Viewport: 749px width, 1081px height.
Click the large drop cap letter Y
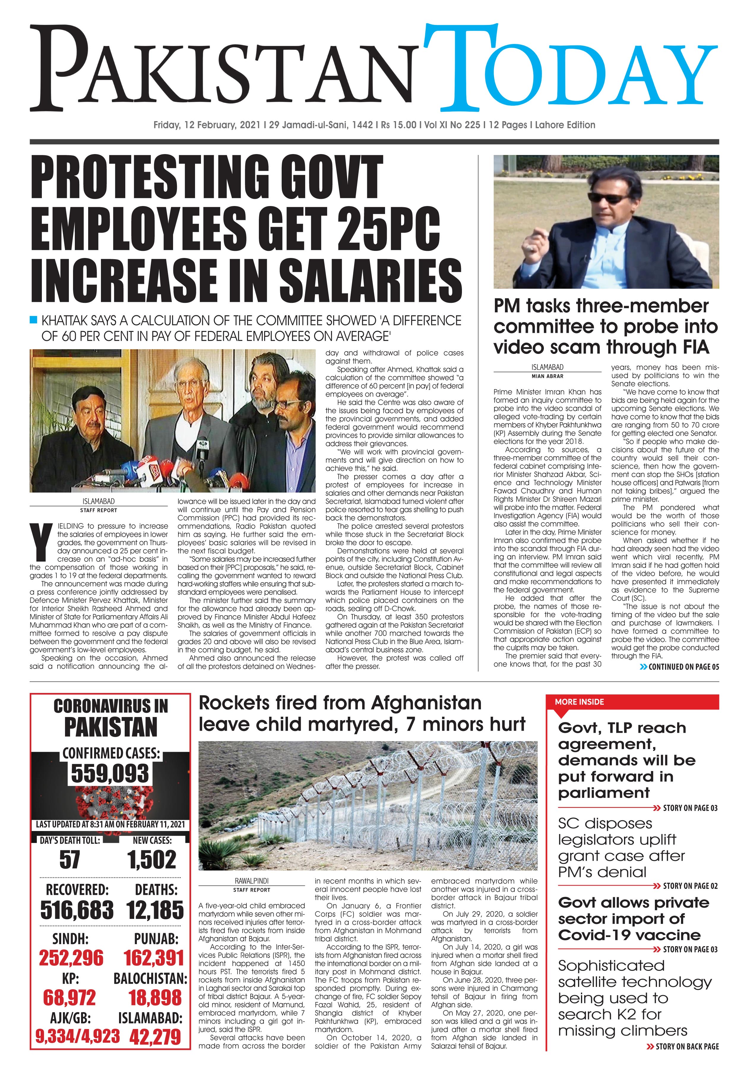41,540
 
